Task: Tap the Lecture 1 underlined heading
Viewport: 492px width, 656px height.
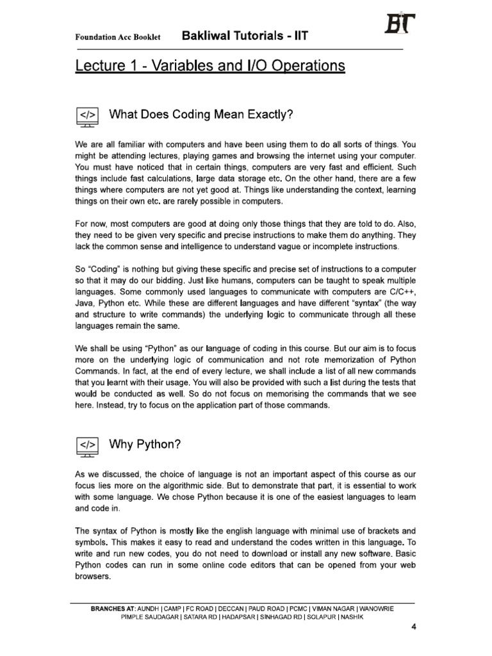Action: (210, 66)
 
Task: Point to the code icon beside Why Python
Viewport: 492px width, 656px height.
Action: (88, 445)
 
